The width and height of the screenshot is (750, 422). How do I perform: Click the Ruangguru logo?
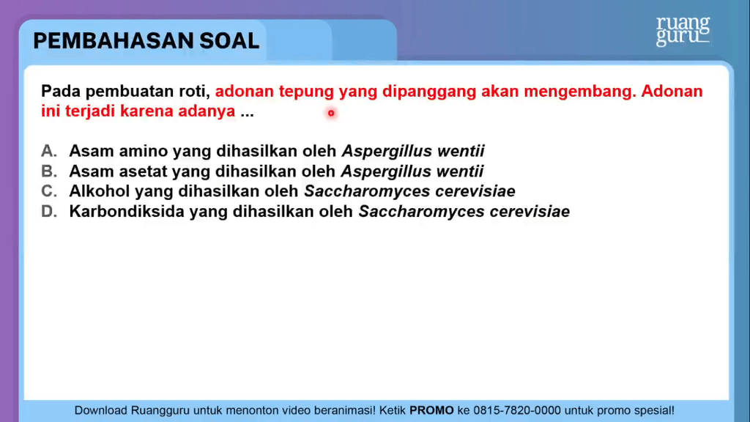pyautogui.click(x=683, y=31)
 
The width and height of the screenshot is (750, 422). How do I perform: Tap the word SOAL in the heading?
pyautogui.click(x=229, y=41)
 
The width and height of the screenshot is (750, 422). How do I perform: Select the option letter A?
pyautogui.click(x=49, y=151)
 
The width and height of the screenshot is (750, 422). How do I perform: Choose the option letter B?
pyautogui.click(x=49, y=171)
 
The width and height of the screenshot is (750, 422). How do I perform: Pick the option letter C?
pyautogui.click(x=49, y=191)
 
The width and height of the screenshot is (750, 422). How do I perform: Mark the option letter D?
pyautogui.click(x=49, y=212)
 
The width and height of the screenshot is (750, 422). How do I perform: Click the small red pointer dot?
pyautogui.click(x=331, y=114)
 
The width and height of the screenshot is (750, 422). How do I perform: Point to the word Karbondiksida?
pyautogui.click(x=127, y=212)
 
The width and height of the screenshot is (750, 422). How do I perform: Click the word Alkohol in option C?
pyautogui.click(x=100, y=191)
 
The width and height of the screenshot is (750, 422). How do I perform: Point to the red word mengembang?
pyautogui.click(x=580, y=92)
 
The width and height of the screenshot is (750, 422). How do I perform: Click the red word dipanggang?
pyautogui.click(x=429, y=92)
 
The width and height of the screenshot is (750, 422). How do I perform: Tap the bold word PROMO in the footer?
pyautogui.click(x=431, y=410)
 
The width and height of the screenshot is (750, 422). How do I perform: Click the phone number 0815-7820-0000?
pyautogui.click(x=517, y=410)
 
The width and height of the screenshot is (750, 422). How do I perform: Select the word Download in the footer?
pyautogui.click(x=100, y=410)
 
